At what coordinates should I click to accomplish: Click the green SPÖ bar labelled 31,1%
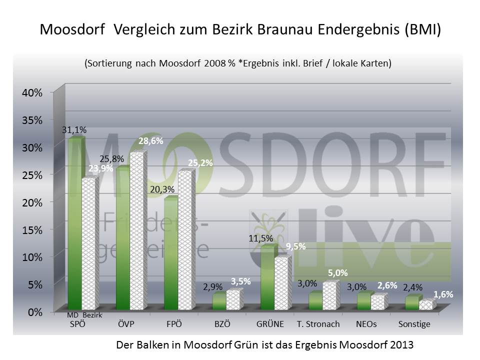click(74, 225)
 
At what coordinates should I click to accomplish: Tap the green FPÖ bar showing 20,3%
click(171, 255)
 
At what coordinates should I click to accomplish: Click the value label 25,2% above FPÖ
click(200, 162)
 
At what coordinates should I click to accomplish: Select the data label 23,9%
click(100, 168)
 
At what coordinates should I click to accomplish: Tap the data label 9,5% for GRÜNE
click(295, 246)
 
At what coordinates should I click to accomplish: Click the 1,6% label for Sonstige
click(443, 294)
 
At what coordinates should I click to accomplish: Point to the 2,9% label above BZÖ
click(212, 287)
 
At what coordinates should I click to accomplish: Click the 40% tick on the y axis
click(31, 92)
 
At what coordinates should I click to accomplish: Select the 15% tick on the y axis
click(31, 229)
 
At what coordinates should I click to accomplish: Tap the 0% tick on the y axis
click(34, 312)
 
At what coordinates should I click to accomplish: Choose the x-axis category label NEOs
click(366, 324)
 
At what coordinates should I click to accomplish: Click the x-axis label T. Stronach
click(318, 324)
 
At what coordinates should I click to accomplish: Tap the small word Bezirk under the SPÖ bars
click(92, 315)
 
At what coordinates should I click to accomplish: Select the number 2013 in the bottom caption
click(398, 345)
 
